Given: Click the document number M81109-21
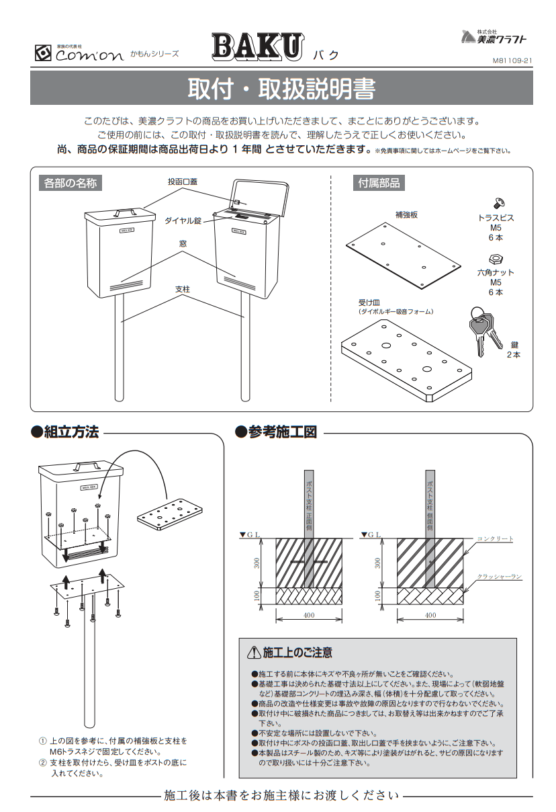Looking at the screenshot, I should click(512, 60).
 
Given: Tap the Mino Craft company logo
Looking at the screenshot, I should click(494, 38).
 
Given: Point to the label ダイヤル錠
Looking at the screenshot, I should click(183, 220).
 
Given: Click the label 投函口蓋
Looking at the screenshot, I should click(183, 182).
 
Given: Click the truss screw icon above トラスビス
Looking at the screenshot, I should click(499, 202).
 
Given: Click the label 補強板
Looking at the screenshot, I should click(406, 214).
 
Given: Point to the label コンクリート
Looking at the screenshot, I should click(496, 538).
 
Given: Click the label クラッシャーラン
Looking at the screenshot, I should click(499, 577).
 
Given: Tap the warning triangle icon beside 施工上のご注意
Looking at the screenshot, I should click(253, 652).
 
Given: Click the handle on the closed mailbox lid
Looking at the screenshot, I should click(122, 212).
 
